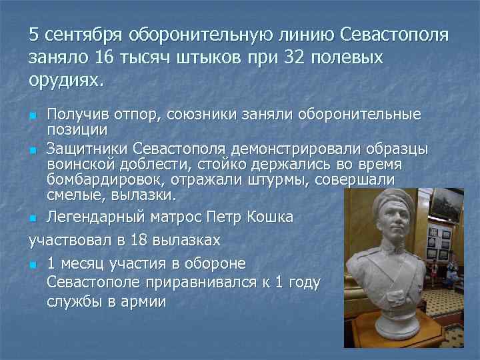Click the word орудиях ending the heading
pyautogui.click(x=65, y=80)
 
